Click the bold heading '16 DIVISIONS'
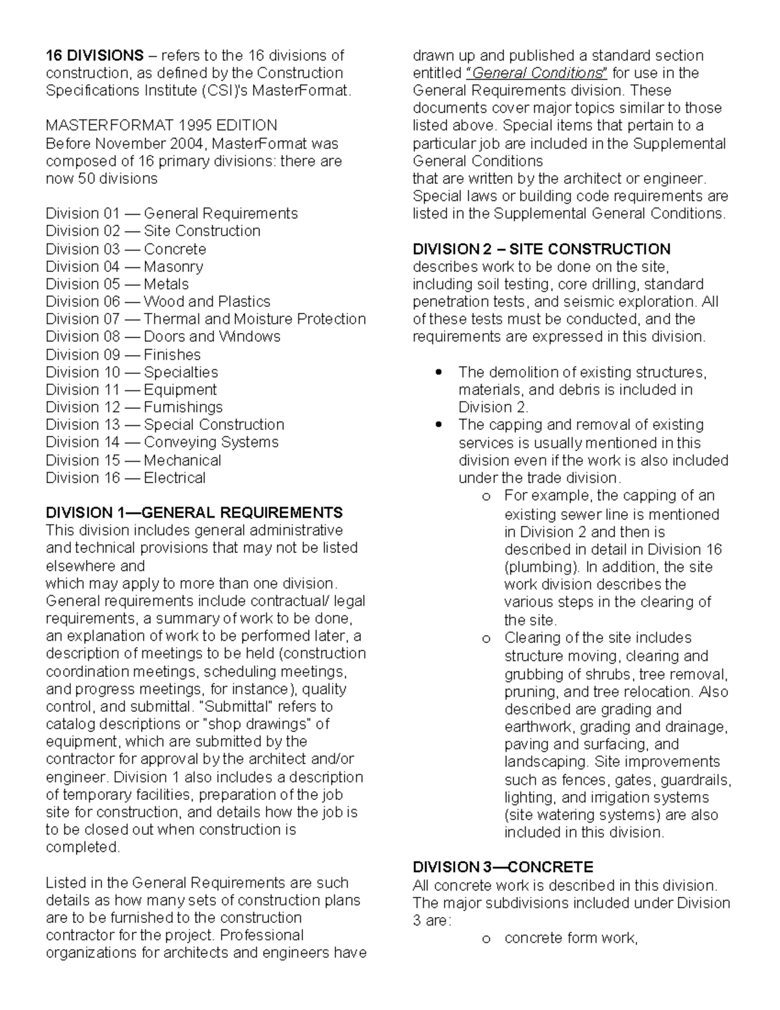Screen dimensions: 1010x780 click(94, 55)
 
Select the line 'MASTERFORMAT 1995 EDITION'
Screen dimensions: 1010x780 click(161, 126)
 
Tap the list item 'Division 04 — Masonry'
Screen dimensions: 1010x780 click(124, 267)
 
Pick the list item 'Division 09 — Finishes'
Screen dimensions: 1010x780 click(123, 355)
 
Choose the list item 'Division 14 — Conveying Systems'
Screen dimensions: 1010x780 click(162, 442)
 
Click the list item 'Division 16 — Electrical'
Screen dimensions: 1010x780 click(125, 478)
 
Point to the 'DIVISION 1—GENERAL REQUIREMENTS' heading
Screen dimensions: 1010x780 click(194, 512)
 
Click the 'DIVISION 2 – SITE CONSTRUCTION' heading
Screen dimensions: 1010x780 click(541, 249)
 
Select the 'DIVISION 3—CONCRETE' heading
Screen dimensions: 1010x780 click(502, 868)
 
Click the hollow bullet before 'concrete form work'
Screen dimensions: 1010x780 click(486, 939)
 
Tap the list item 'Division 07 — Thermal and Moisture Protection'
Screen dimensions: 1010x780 click(205, 319)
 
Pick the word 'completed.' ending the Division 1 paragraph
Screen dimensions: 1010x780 click(83, 847)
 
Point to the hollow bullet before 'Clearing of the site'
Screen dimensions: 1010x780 click(486, 639)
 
